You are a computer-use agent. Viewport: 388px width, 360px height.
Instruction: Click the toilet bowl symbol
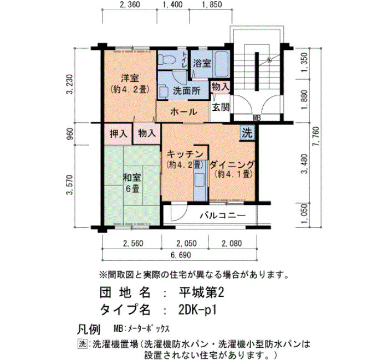(167, 60)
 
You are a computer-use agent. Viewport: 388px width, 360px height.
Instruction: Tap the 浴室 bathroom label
(202, 64)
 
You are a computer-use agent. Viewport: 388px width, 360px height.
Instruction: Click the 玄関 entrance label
(221, 107)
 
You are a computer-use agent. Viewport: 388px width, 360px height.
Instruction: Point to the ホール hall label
(183, 112)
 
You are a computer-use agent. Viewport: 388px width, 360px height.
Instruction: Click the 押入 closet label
(119, 134)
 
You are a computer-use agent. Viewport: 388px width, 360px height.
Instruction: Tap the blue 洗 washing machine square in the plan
(247, 133)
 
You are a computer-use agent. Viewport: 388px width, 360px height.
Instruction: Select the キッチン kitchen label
(185, 155)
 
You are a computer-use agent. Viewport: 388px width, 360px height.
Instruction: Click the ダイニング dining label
(232, 164)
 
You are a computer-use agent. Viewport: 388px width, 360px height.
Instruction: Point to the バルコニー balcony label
(223, 215)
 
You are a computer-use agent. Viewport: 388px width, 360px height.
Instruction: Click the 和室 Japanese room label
(132, 178)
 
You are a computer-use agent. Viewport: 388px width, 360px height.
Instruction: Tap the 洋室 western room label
(130, 79)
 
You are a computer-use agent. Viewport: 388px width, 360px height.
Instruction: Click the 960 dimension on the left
(70, 134)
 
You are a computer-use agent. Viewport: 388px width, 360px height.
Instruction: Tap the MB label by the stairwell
(257, 118)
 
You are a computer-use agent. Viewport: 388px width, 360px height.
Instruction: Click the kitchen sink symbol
(200, 179)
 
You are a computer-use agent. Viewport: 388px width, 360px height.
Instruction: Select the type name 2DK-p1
(197, 309)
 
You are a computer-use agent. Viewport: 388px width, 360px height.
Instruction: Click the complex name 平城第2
(201, 293)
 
